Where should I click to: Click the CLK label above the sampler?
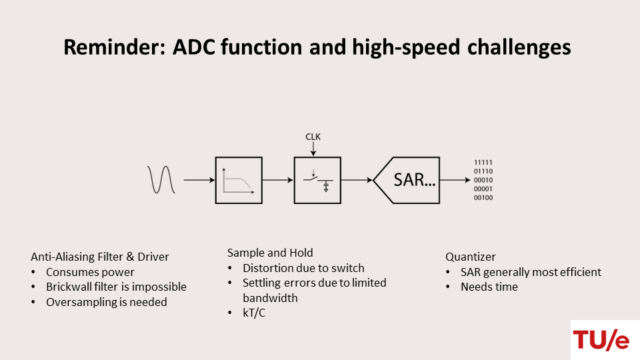(313, 137)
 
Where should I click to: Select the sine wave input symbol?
(161, 179)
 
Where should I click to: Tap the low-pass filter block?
(239, 180)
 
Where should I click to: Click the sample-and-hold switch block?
(317, 180)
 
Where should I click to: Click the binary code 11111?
(483, 163)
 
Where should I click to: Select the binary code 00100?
(483, 197)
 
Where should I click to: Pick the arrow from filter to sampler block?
(278, 180)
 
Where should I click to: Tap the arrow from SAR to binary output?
(456, 180)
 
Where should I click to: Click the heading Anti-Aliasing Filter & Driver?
(100, 257)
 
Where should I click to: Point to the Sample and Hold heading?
(270, 253)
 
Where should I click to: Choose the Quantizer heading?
(471, 257)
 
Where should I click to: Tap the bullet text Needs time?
(489, 287)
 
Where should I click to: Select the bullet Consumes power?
(90, 272)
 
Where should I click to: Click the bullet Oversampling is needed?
(107, 302)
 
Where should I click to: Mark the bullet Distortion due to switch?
(303, 268)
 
